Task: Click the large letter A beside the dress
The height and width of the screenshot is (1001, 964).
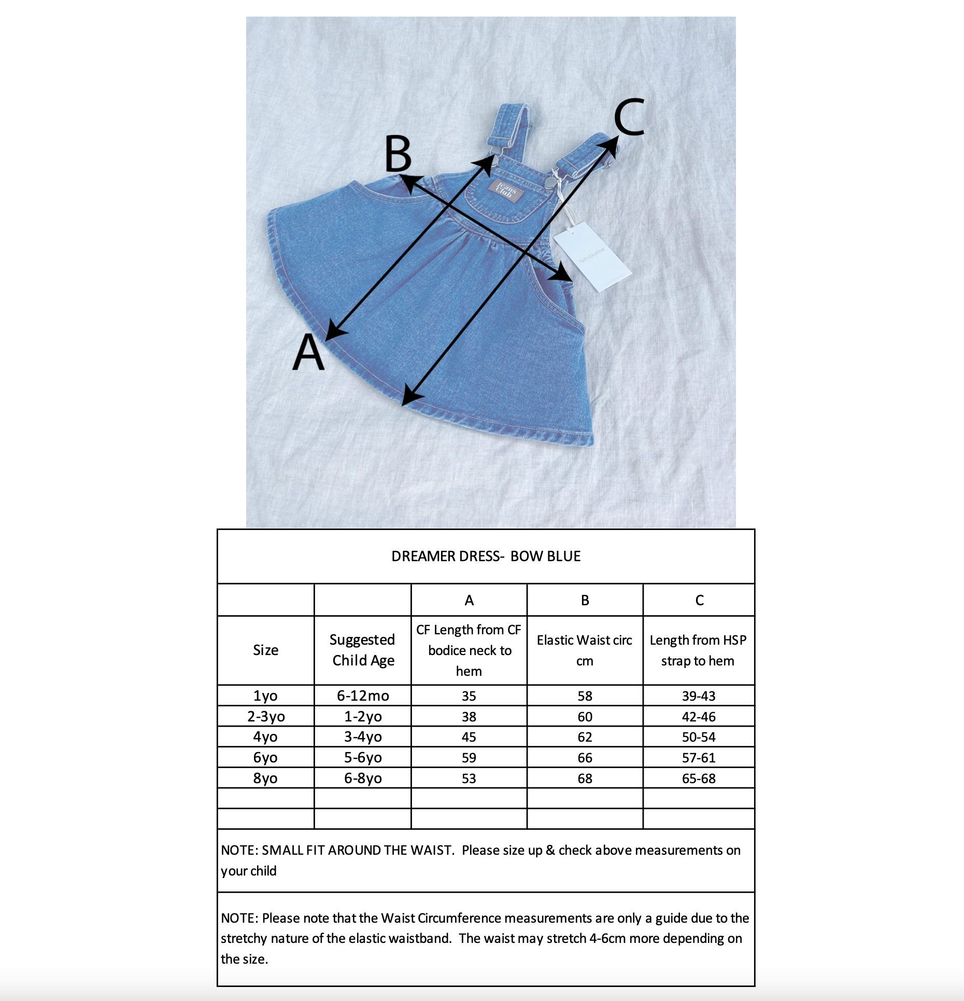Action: coord(309,353)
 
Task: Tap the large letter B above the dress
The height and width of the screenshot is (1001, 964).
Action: coord(398,154)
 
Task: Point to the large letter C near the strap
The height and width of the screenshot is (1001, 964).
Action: coord(629,118)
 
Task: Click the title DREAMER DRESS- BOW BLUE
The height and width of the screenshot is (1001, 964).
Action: coord(486,557)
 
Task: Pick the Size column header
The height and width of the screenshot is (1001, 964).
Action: coord(265,650)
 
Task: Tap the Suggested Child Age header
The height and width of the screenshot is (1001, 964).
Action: coord(363,650)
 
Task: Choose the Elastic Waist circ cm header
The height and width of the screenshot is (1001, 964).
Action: coord(585,650)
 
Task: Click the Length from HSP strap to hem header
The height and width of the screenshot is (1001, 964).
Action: coord(698,650)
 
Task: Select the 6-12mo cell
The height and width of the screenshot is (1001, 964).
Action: coord(363,696)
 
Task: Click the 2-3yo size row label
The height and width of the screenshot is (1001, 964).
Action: coord(266,716)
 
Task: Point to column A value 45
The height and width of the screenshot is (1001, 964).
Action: coord(469,737)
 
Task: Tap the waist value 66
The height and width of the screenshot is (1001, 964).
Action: coord(585,758)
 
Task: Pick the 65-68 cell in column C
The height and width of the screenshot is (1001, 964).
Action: coord(699,778)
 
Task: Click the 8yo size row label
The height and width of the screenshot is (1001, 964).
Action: coord(265,778)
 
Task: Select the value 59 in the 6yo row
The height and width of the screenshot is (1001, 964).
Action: coord(469,758)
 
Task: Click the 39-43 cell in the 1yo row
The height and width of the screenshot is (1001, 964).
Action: coord(699,696)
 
